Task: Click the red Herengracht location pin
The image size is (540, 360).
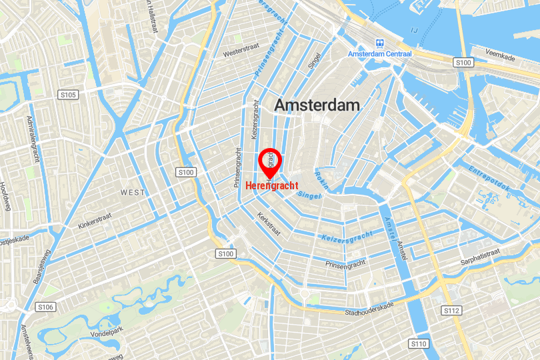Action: click(x=270, y=160)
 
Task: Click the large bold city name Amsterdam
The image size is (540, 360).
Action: click(x=317, y=105)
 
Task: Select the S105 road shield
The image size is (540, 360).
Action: click(x=69, y=95)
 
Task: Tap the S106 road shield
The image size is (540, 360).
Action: click(x=45, y=307)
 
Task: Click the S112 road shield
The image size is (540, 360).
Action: click(x=451, y=311)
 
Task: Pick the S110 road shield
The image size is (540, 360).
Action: click(x=418, y=343)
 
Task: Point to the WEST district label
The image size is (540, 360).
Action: click(x=132, y=192)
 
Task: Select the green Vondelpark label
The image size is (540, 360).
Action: click(x=89, y=329)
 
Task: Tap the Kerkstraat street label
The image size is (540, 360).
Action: click(x=269, y=224)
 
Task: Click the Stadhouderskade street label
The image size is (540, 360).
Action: click(x=369, y=309)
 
